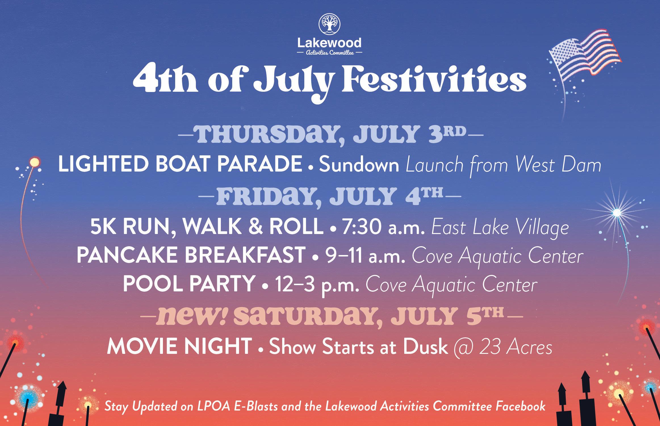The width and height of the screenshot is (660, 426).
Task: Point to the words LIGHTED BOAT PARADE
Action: point(180,164)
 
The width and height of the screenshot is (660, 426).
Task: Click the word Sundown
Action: point(359,165)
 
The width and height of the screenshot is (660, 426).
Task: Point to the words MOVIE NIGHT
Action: point(180,346)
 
